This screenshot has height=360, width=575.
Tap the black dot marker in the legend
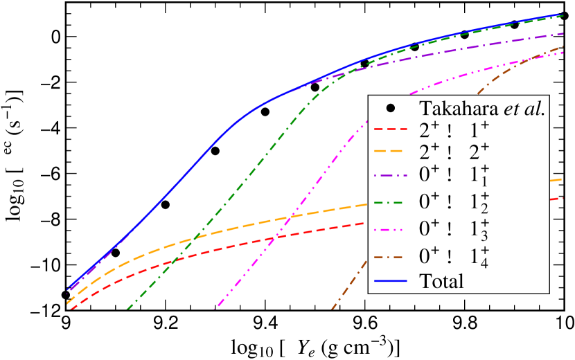coord(391,108)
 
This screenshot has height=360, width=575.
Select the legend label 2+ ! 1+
coord(454,129)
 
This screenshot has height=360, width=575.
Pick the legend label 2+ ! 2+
coord(454,151)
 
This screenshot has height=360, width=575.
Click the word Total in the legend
coord(441,281)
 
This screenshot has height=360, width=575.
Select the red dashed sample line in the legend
coord(391,129)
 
